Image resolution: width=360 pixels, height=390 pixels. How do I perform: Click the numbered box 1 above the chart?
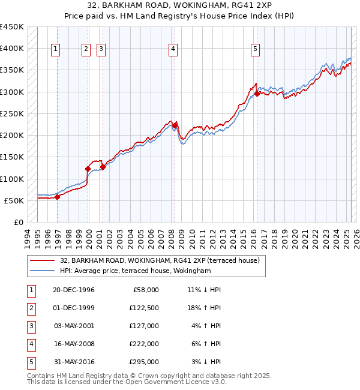point(55,49)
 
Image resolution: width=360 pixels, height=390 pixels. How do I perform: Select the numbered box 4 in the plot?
point(173,49)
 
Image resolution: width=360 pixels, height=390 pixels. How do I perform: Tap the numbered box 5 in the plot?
point(255,49)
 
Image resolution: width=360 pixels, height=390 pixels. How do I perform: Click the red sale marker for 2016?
point(257,94)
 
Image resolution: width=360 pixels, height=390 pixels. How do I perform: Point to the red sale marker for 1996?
point(58,197)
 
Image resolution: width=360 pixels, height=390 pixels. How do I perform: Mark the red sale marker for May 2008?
point(175,125)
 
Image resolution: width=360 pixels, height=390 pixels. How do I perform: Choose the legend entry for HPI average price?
point(136,271)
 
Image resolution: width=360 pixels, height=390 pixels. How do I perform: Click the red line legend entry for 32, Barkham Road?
point(160,260)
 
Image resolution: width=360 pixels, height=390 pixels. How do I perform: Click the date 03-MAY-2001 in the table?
point(74,326)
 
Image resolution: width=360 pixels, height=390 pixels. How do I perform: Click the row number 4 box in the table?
point(30,344)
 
